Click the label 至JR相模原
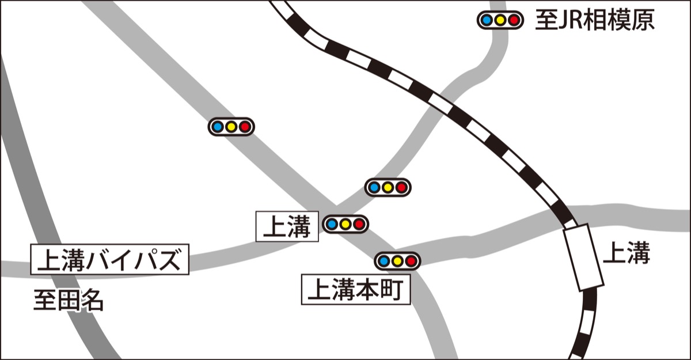(x=594, y=20)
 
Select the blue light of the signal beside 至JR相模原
(x=486, y=21)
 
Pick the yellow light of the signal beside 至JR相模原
(x=500, y=21)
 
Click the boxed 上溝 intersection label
(x=286, y=226)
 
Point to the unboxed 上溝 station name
(x=626, y=253)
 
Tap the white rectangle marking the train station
(x=583, y=257)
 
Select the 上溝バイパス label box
(x=109, y=260)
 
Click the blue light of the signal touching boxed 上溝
(x=332, y=224)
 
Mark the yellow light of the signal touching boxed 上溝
(x=345, y=224)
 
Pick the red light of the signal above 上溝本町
(x=411, y=261)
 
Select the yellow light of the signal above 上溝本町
(x=397, y=261)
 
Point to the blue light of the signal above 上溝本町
(x=384, y=261)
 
